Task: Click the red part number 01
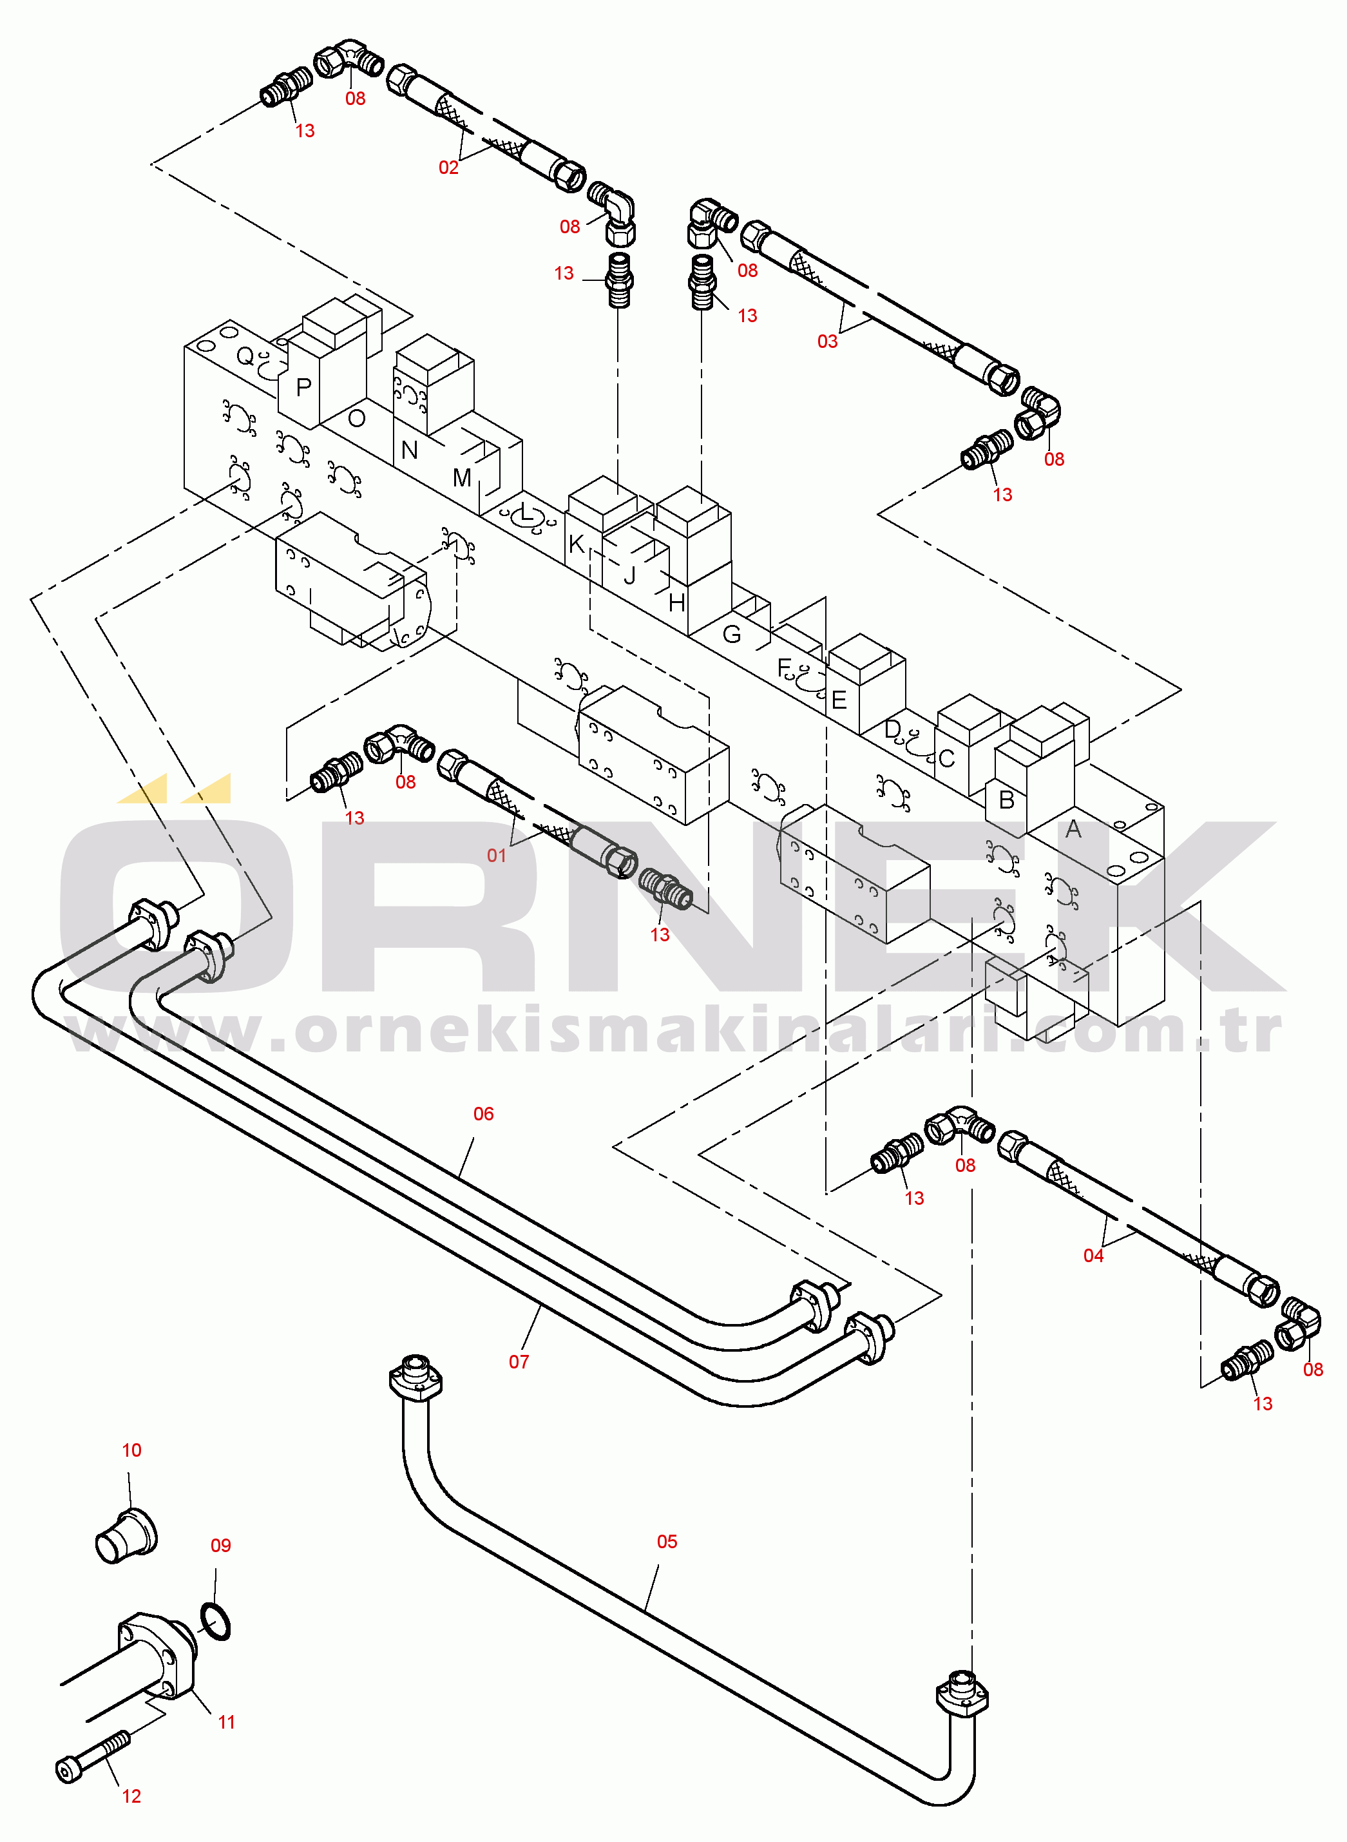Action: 496,856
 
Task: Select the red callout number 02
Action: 448,167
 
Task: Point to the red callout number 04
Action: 1093,1256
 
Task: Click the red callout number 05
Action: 667,1541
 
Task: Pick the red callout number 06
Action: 484,1113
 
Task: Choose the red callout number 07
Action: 519,1362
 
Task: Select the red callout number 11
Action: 227,1722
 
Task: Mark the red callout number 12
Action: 131,1796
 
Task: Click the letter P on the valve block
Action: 303,387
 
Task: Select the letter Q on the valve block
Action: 245,356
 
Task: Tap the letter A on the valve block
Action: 1073,829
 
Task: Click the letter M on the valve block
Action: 461,478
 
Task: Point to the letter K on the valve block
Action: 577,543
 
